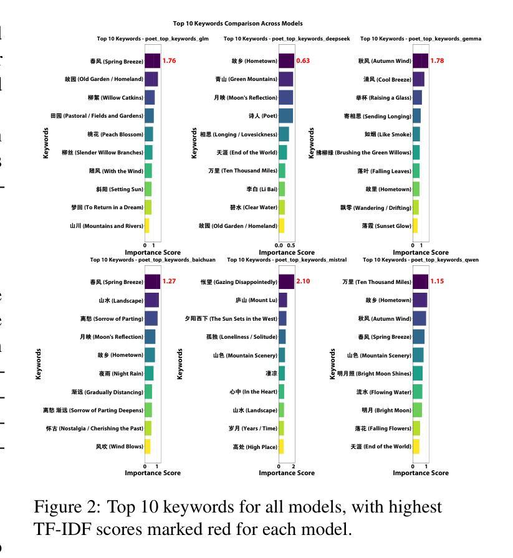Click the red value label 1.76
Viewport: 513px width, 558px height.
coord(169,61)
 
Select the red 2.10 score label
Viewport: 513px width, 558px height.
coord(303,281)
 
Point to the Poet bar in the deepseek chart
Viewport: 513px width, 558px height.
coord(285,116)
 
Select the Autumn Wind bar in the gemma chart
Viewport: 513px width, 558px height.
coord(420,61)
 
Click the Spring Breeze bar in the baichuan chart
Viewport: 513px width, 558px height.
coord(152,281)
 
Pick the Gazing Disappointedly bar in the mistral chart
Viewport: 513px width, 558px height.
coord(286,281)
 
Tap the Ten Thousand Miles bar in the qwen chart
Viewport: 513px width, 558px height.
coord(420,281)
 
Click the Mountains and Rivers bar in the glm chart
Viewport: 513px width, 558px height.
coord(147,226)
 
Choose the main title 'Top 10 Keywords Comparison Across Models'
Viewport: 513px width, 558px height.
coord(237,24)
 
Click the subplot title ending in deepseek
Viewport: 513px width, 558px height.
coord(287,39)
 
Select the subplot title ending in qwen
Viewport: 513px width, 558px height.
coord(421,260)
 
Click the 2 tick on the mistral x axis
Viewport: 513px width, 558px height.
coord(293,466)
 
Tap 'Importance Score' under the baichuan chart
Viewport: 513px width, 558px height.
coord(153,473)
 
